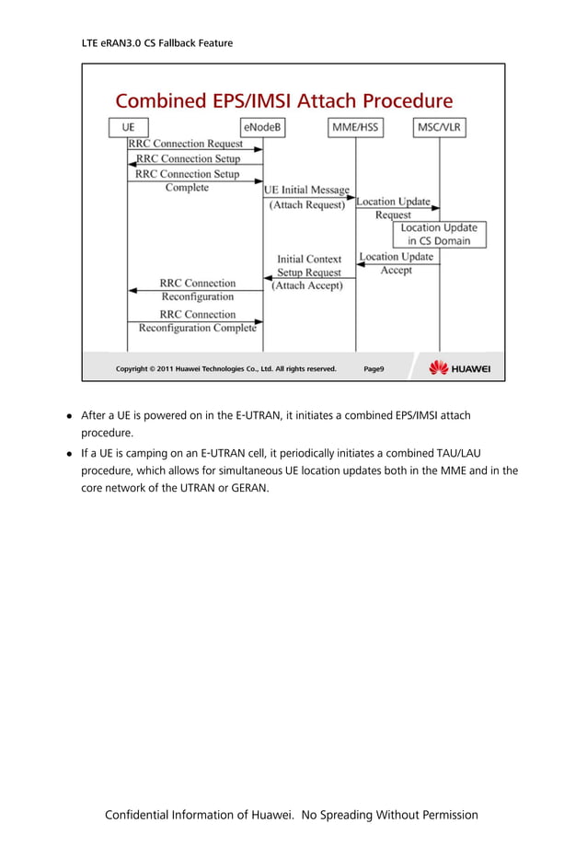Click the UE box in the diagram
(x=128, y=127)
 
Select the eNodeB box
(x=262, y=127)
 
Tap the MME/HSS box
(x=356, y=127)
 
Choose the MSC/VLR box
(x=439, y=127)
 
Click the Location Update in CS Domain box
(x=439, y=234)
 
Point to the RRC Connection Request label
(x=186, y=144)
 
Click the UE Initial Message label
(x=306, y=191)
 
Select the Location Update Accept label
(x=396, y=263)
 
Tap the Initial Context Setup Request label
(x=309, y=266)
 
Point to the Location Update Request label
(x=393, y=208)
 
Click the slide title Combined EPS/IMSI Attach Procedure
(x=283, y=100)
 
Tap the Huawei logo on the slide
(x=460, y=368)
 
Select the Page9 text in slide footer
(x=374, y=369)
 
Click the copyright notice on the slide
(x=225, y=369)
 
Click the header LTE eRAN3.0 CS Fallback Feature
(x=157, y=42)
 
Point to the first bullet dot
(x=69, y=416)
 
